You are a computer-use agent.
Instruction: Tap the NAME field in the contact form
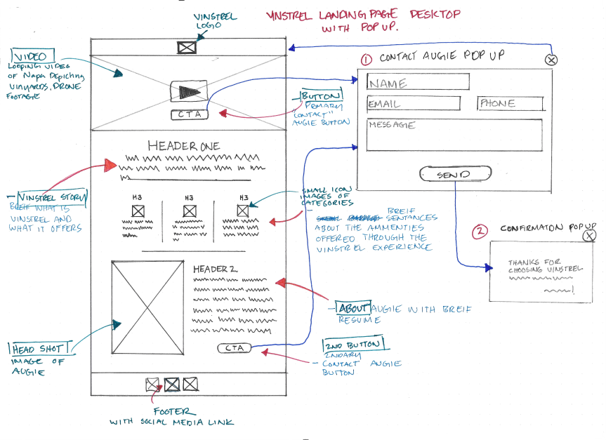[418, 82]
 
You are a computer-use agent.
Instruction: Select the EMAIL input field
[414, 104]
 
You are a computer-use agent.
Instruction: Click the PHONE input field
[511, 104]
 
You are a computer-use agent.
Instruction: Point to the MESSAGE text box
[454, 135]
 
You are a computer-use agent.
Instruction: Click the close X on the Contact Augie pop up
[551, 60]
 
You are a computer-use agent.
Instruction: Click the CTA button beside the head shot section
[234, 347]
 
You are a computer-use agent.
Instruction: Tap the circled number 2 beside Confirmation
[480, 231]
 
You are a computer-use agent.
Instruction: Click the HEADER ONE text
[184, 146]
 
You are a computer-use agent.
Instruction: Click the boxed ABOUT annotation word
[353, 309]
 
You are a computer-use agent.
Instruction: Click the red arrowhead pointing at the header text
[109, 166]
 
